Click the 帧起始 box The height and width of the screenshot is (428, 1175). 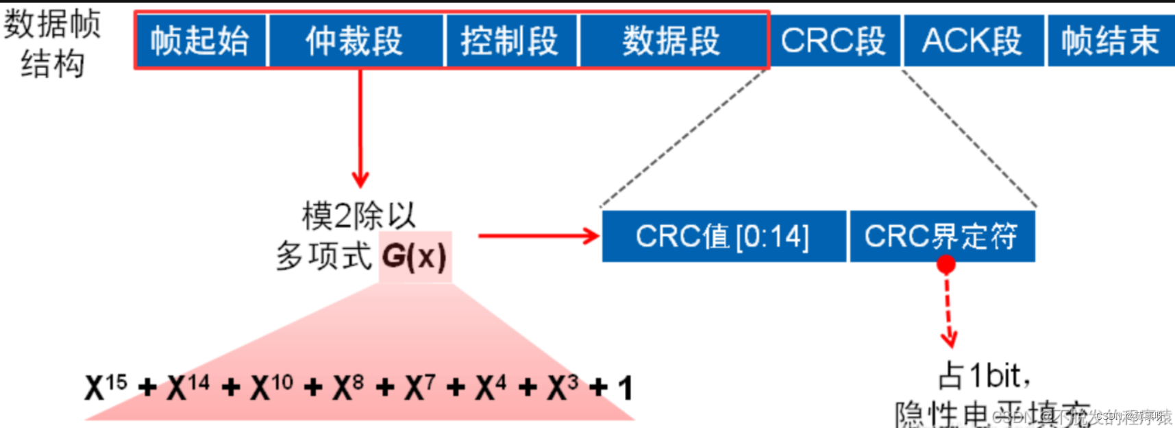200,40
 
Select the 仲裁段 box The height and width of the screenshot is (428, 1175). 355,40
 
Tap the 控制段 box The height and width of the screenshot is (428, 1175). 510,40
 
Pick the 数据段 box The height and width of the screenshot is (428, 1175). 672,40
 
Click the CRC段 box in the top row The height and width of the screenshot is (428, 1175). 833,40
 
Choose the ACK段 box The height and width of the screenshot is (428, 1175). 972,40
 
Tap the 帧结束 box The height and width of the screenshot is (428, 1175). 1110,40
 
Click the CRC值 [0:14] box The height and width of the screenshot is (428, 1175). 723,237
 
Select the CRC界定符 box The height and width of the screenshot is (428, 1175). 941,237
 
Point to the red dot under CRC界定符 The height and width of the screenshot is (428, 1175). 946,265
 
